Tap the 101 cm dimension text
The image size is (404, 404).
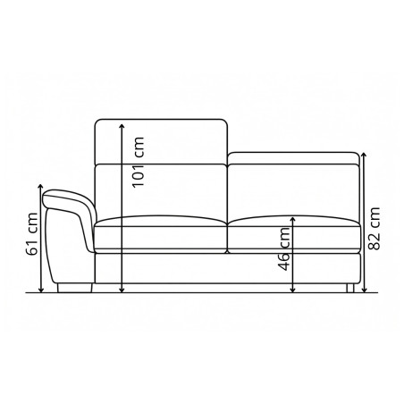click(137, 161)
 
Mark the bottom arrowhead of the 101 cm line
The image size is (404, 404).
click(121, 290)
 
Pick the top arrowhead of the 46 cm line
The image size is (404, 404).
click(294, 216)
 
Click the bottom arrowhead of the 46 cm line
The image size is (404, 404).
click(294, 290)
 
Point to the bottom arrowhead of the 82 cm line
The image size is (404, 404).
click(364, 290)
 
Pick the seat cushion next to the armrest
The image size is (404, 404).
click(159, 233)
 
